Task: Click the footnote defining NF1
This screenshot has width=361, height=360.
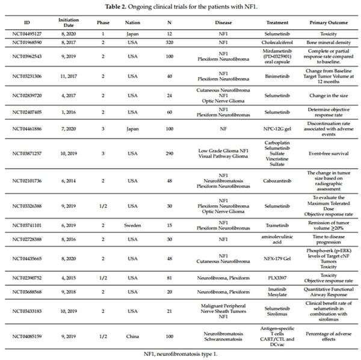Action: click(x=180, y=353)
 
